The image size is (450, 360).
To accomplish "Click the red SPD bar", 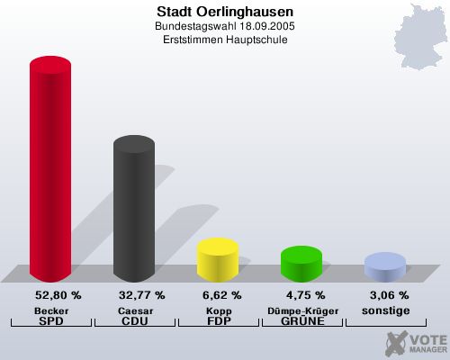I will point(50,171).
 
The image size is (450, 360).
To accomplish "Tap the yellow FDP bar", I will point(217,260).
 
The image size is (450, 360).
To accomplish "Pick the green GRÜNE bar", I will point(301,265).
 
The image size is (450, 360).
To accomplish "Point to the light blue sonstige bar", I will point(384,268).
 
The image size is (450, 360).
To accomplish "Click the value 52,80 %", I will point(58,295).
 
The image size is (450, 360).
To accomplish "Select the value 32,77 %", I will point(142,295).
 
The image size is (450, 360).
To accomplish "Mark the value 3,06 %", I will point(390,295).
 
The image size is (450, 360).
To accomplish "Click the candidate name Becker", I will point(51,310).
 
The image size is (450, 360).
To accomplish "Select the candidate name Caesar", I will point(134,310).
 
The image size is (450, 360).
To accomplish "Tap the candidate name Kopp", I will point(218,310).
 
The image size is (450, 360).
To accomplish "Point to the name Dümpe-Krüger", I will point(301,310).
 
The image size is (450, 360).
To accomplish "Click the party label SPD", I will point(51,321).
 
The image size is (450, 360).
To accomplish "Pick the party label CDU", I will point(134,321).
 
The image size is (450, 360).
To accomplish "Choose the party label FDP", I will point(218,321).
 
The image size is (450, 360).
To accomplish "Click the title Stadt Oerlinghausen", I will point(225,13).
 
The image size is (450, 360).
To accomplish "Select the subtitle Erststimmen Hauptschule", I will point(225,40).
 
